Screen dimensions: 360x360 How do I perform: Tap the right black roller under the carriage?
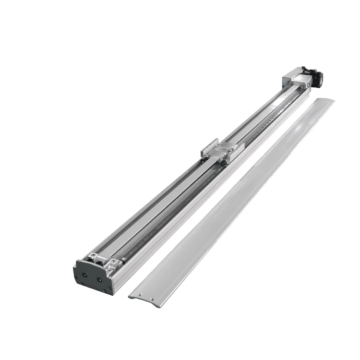pos(224,164)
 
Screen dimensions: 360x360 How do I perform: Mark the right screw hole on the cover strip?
pos(153,299)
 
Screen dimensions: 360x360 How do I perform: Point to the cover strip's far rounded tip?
pos(329,101)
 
